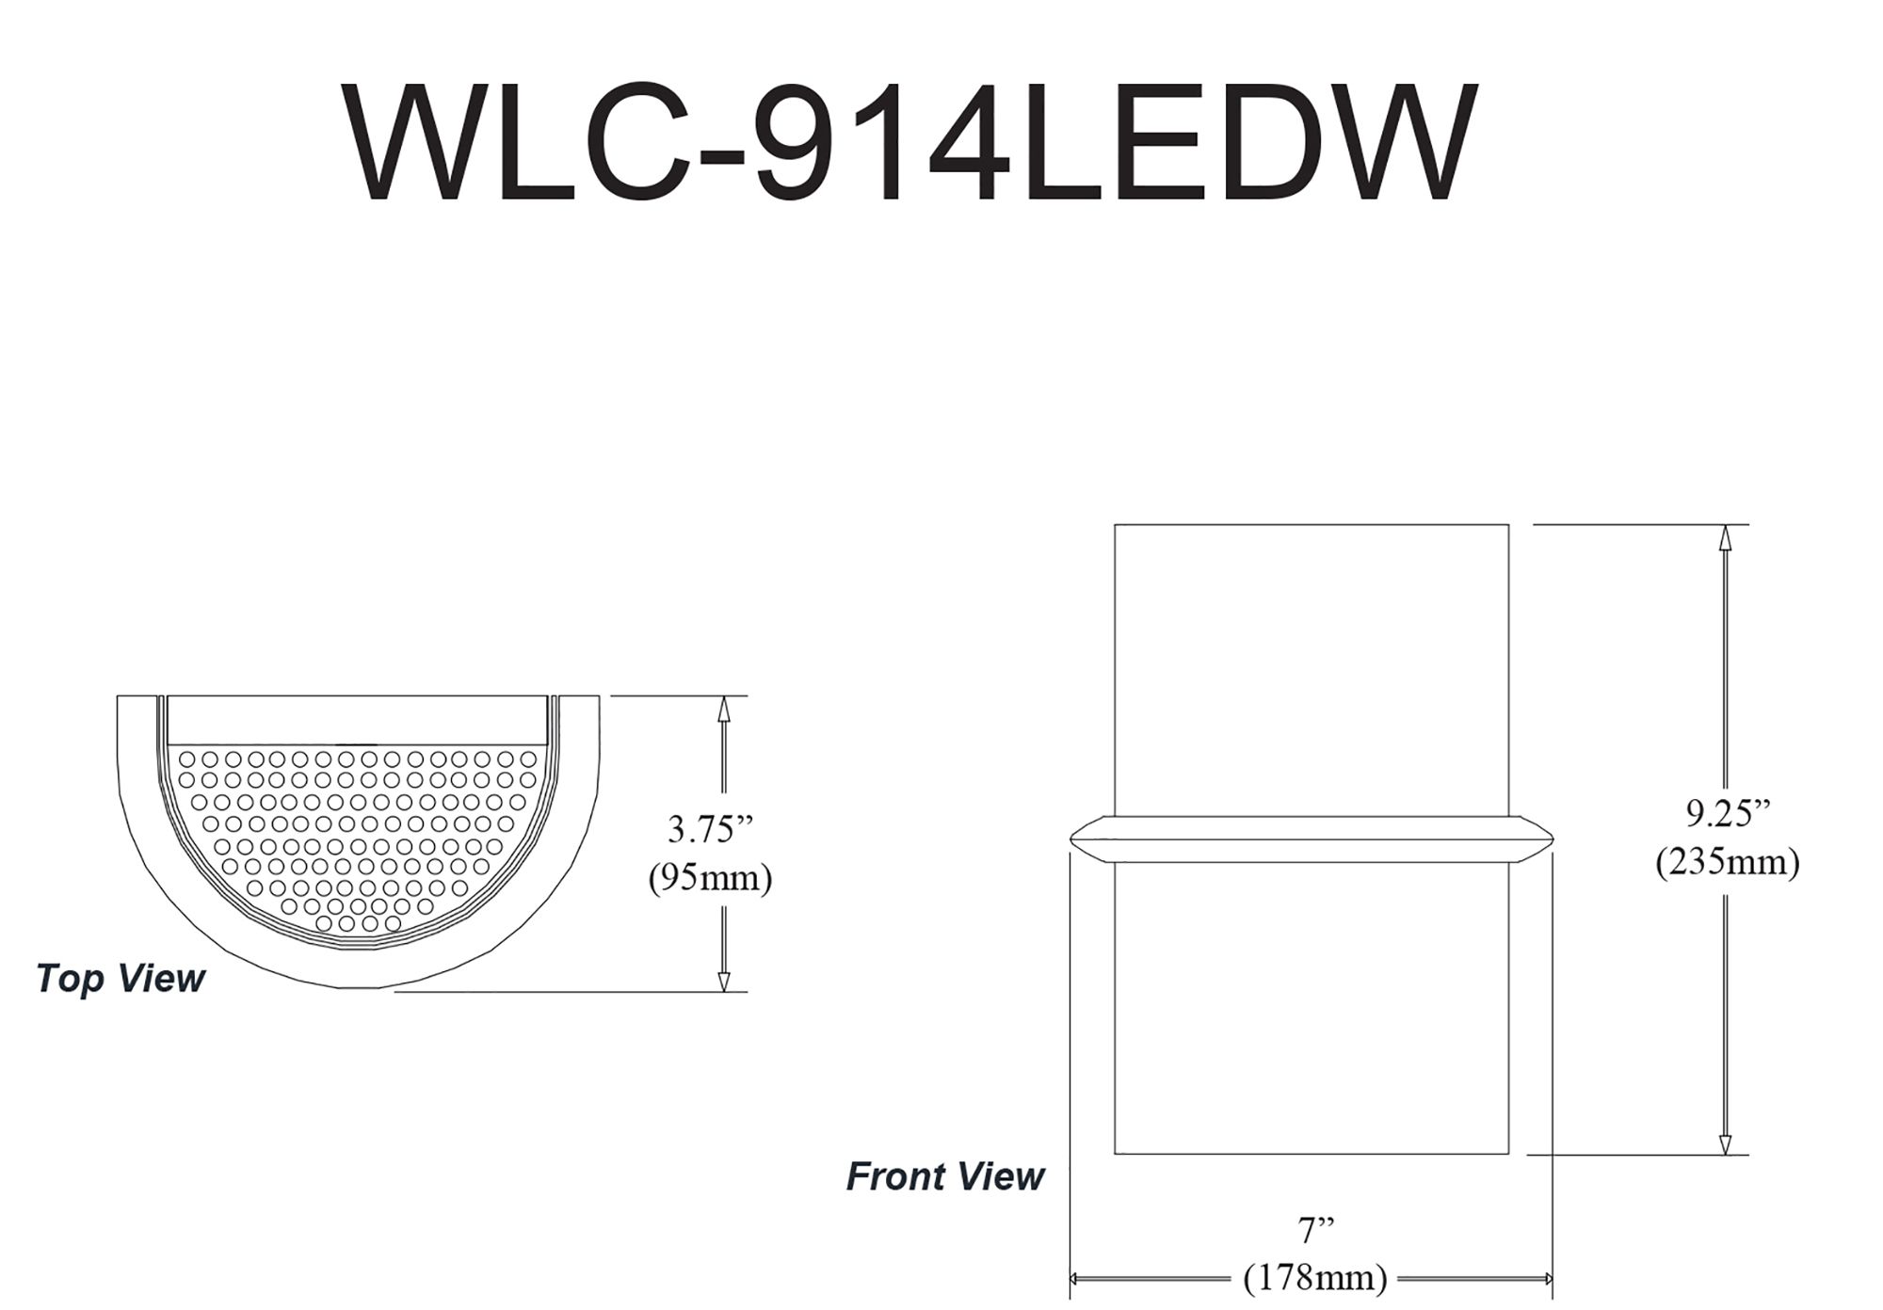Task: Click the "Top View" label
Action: [121, 980]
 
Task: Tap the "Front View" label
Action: [945, 1176]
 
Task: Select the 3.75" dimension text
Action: [711, 829]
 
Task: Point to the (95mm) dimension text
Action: [711, 878]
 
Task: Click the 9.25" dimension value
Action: [1729, 813]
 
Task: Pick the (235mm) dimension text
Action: [1729, 862]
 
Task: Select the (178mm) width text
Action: [1316, 1278]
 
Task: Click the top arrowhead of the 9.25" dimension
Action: [1725, 536]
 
